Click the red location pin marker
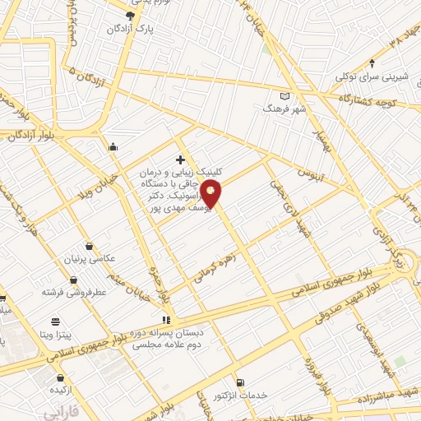tap(211, 193)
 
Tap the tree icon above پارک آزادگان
tap(130, 15)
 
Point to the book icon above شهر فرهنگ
tap(285, 95)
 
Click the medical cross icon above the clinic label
tap(180, 159)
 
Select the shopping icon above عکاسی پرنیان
tap(89, 246)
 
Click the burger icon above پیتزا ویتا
tap(55, 322)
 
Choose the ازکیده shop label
tap(57, 389)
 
